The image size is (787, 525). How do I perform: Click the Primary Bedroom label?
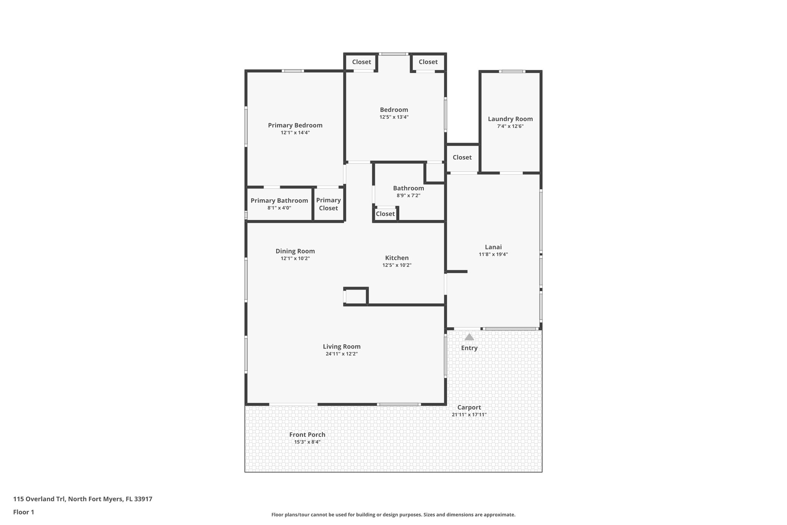295,125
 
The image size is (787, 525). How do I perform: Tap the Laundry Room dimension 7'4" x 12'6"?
510,126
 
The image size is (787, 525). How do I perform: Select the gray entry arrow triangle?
469,337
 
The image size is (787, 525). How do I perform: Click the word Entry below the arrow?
469,348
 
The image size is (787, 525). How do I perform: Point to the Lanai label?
493,247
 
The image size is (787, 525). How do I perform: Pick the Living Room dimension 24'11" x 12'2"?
341,354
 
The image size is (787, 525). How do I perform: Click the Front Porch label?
307,435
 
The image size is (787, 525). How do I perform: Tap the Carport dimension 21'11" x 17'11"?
469,415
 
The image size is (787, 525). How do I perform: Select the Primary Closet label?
328,204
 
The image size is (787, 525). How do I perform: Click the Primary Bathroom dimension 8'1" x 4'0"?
279,208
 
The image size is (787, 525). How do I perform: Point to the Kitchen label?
397,258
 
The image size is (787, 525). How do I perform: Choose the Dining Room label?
295,252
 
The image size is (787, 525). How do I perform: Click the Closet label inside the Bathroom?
385,214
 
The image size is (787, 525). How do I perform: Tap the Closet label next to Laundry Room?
462,157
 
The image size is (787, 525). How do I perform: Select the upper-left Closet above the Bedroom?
361,62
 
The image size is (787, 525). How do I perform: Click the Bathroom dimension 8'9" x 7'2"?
408,195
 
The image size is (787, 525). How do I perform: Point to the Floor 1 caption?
23,512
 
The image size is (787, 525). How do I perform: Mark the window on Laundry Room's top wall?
512,71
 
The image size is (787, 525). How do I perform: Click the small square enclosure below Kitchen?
356,297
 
